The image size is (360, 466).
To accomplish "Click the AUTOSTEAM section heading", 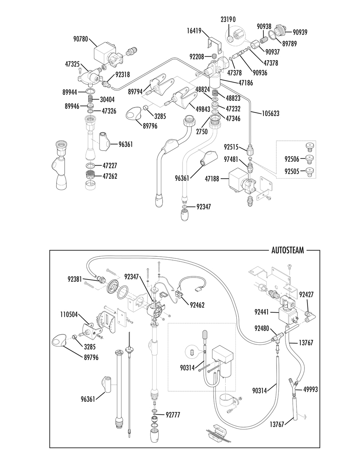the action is [288, 250].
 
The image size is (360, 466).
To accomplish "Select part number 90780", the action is [80, 39].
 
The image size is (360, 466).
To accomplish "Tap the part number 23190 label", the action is [228, 19].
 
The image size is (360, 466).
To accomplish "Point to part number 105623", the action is [271, 113].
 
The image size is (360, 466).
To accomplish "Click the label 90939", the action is [300, 32].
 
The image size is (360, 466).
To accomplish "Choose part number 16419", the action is [194, 31].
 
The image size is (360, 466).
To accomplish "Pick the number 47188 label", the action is [212, 179].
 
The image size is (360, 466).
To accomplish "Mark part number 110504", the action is [69, 314].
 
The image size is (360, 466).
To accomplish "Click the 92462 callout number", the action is [197, 305].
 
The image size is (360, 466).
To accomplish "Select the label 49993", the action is [310, 389].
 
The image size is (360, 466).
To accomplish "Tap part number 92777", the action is [173, 415].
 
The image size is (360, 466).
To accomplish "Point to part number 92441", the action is [261, 312].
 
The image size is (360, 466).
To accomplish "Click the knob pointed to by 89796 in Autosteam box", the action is [61, 340].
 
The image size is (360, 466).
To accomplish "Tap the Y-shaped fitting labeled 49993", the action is [293, 386].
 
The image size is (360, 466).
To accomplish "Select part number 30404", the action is [107, 99].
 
